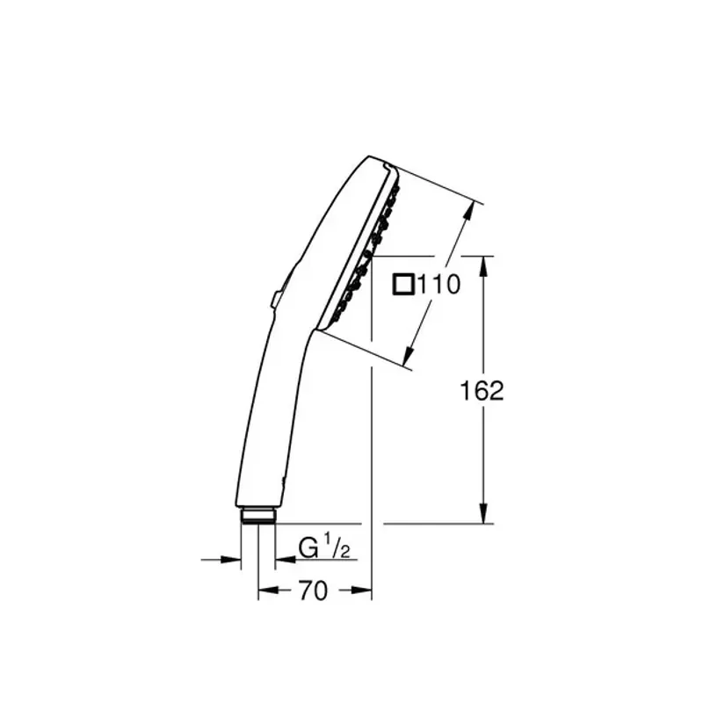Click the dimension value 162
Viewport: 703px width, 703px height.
482,391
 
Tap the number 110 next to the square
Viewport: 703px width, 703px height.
438,285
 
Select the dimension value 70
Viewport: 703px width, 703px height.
313,591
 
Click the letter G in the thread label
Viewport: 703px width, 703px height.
308,549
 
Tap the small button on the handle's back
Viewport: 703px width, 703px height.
276,298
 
